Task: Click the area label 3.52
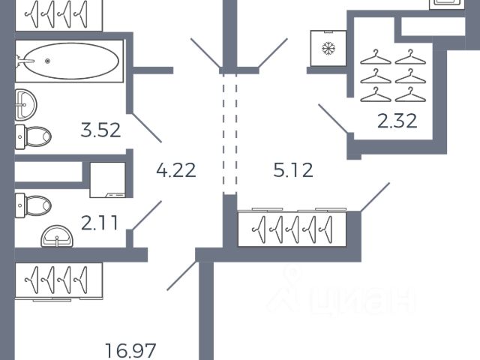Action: pyautogui.click(x=100, y=130)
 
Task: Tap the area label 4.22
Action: pyautogui.click(x=175, y=170)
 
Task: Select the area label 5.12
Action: pyautogui.click(x=292, y=170)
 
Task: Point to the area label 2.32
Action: pyautogui.click(x=397, y=121)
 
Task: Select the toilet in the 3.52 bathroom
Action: pyautogui.click(x=33, y=136)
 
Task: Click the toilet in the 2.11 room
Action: pyautogui.click(x=34, y=203)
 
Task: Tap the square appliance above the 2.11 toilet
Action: pyautogui.click(x=108, y=181)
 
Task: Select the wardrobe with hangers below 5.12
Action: pyautogui.click(x=292, y=228)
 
